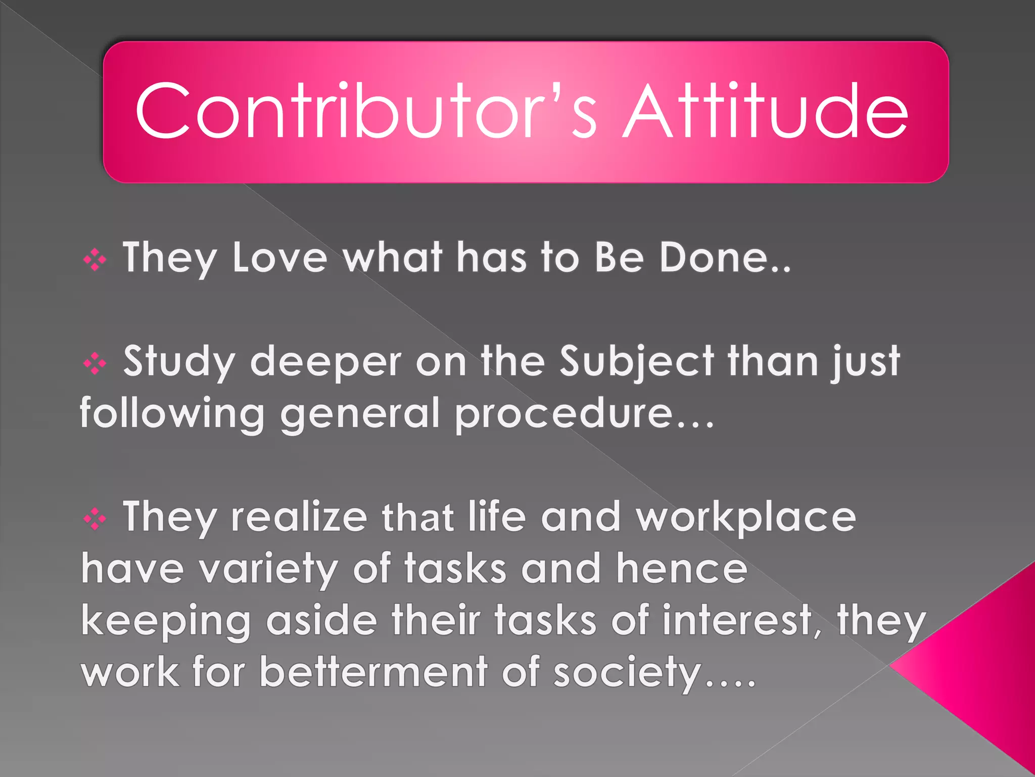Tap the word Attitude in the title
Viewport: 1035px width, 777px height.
tap(766, 111)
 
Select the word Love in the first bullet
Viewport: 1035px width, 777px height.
tap(280, 258)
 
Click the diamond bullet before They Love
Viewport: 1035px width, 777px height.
tap(95, 261)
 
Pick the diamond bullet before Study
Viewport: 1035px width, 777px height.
tap(95, 364)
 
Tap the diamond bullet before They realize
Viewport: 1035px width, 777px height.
tap(95, 519)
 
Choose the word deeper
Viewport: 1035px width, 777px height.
tap(326, 363)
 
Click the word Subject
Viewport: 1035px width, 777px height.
tap(637, 363)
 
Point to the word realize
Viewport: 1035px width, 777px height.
tap(299, 517)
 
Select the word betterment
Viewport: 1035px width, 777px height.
tap(373, 672)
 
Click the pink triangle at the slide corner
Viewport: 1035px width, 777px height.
tap(985, 668)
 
